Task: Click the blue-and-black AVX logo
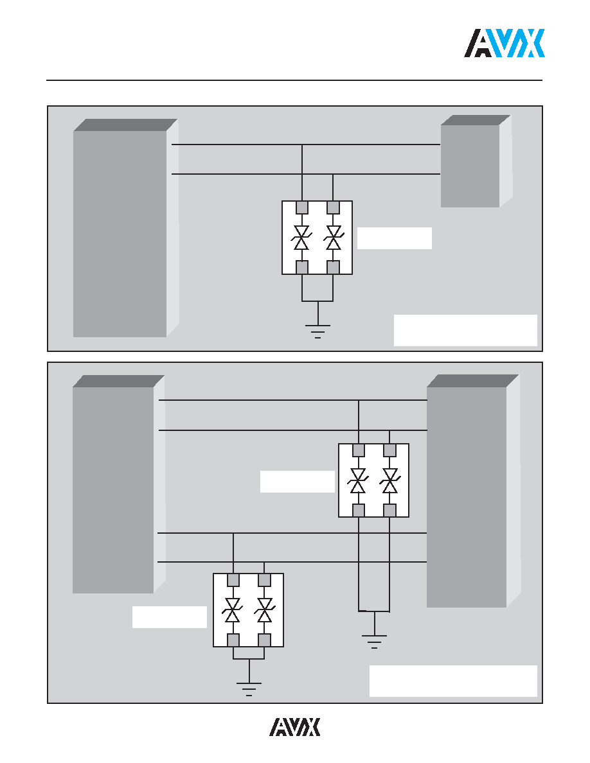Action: (x=505, y=43)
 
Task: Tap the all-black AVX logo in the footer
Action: (x=295, y=727)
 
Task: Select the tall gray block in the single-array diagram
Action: (x=125, y=228)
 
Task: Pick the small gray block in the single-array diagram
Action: (x=476, y=161)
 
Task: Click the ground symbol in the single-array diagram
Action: (x=318, y=331)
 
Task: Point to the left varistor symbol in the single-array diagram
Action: (x=302, y=238)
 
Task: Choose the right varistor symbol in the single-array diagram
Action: (x=333, y=238)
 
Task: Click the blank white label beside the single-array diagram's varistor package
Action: (x=395, y=238)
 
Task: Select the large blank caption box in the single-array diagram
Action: (x=465, y=330)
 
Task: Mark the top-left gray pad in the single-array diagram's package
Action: (x=302, y=207)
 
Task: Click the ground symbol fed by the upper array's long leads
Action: (x=374, y=642)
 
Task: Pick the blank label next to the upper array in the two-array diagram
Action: (x=298, y=482)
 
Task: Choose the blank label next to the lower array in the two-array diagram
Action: (x=170, y=617)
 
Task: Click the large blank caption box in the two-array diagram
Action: (x=453, y=681)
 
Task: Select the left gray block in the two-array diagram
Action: (x=118, y=484)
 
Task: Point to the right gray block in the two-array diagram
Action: (x=473, y=491)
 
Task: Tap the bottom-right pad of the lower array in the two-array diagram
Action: (x=264, y=640)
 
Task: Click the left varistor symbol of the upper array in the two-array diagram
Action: (x=358, y=481)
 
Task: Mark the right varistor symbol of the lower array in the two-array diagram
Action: (x=264, y=610)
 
